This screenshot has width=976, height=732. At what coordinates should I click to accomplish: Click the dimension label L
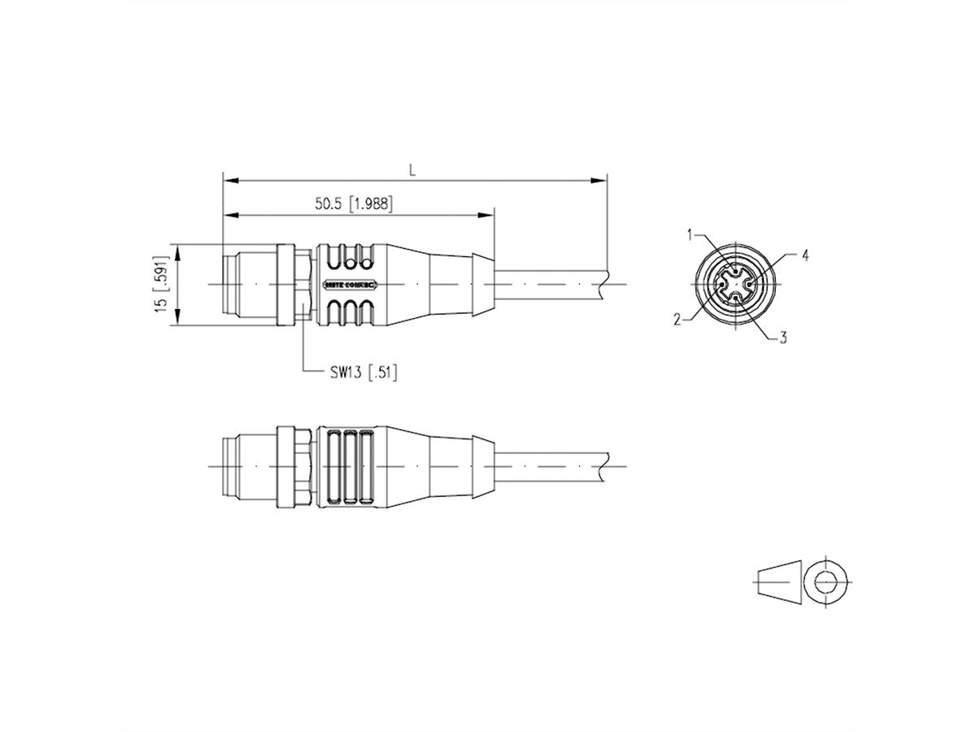[412, 170]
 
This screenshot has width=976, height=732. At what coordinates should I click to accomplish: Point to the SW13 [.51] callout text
[363, 373]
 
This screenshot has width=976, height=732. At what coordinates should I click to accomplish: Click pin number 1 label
[690, 236]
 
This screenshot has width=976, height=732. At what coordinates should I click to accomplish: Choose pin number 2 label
[677, 320]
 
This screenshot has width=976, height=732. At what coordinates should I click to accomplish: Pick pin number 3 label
[782, 337]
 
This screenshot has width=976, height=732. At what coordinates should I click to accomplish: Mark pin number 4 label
[804, 255]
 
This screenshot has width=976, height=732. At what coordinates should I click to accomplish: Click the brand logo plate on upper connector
[350, 285]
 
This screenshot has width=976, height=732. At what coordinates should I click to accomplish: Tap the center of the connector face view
[735, 285]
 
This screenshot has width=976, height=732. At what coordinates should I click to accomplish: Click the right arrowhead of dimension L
[602, 179]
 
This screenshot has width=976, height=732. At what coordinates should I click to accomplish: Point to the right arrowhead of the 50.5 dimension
[488, 215]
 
